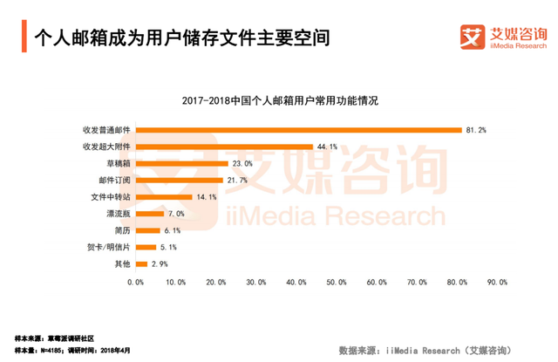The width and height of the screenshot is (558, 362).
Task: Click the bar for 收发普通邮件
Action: pyautogui.click(x=298, y=130)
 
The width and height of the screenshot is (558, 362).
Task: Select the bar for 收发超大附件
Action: pyautogui.click(x=224, y=147)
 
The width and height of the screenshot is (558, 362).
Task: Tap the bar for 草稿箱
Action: pyautogui.click(x=181, y=163)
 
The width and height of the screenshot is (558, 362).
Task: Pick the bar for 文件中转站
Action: pyautogui.click(x=163, y=196)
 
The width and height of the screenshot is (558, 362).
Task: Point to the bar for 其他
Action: pyautogui.click(x=140, y=263)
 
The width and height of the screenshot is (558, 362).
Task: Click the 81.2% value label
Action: pyautogui.click(x=477, y=130)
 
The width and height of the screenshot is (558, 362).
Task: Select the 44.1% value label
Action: pyautogui.click(x=327, y=147)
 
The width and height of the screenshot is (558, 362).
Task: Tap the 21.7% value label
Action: pyautogui.click(x=237, y=180)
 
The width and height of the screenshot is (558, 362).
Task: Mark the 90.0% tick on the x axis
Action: pyautogui.click(x=498, y=282)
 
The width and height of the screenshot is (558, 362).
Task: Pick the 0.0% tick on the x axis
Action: pyautogui.click(x=135, y=282)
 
